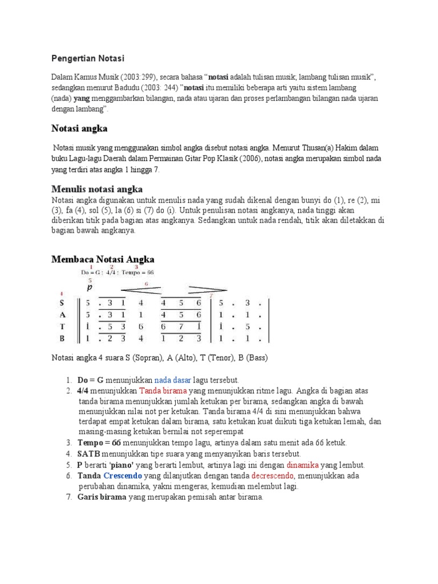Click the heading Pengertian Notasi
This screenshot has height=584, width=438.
(87, 58)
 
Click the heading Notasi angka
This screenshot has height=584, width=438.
(79, 129)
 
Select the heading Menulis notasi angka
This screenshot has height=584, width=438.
(97, 189)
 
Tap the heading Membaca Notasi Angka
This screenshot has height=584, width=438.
(103, 259)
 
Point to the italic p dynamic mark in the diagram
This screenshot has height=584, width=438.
(89, 287)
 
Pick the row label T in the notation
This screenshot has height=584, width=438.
(62, 326)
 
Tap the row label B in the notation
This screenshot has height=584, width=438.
(62, 338)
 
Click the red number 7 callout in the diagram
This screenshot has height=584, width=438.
(211, 295)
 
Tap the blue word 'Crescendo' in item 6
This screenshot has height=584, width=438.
(123, 476)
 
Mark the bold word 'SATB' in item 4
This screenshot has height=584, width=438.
(89, 454)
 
